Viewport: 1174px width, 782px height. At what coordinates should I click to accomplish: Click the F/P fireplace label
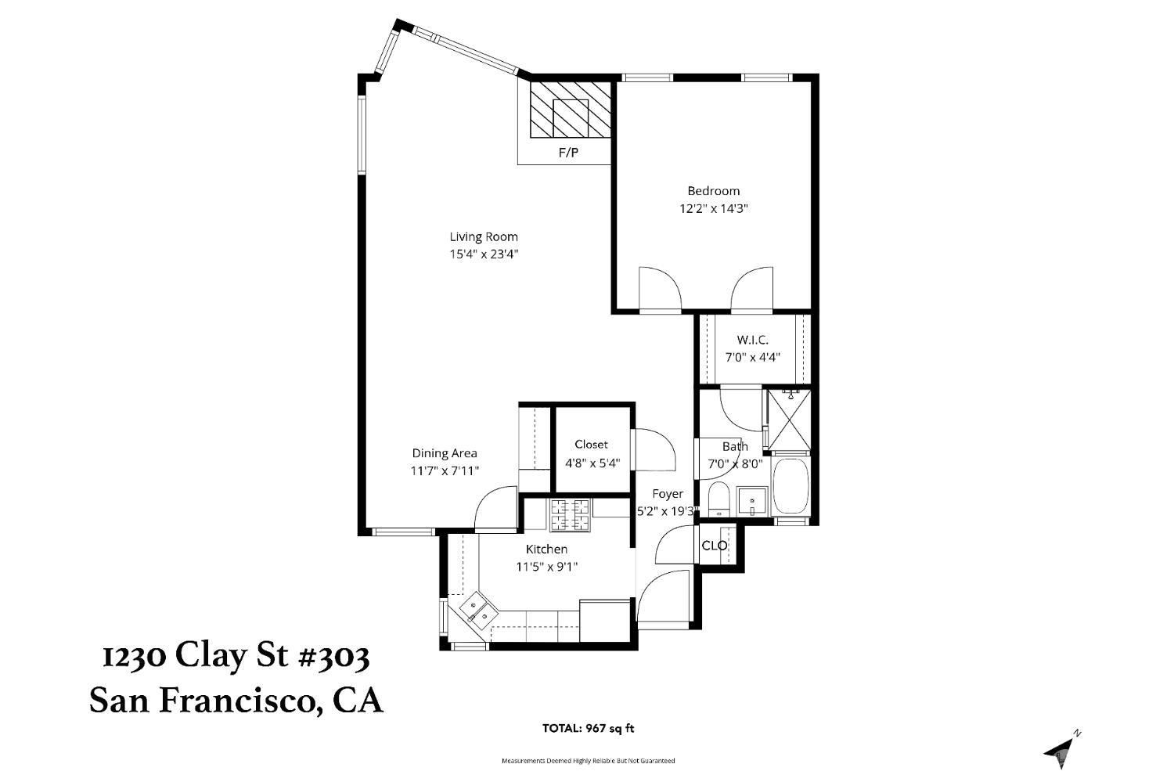pyautogui.click(x=568, y=153)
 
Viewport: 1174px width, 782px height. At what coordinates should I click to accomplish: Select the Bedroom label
pyautogui.click(x=713, y=191)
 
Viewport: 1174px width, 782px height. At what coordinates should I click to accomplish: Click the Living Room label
pyautogui.click(x=483, y=236)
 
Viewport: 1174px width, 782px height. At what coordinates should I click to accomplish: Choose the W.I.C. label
pyautogui.click(x=752, y=340)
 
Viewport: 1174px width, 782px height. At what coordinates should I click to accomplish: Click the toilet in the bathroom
pyautogui.click(x=718, y=499)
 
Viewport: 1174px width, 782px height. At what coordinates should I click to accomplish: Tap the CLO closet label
pyautogui.click(x=714, y=546)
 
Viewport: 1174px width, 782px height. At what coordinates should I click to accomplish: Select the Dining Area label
pyautogui.click(x=445, y=453)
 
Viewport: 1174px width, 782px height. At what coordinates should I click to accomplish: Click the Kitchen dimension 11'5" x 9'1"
pyautogui.click(x=546, y=567)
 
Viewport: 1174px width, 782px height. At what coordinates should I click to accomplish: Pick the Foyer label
pyautogui.click(x=668, y=494)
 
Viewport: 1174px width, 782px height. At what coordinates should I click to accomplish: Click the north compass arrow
pyautogui.click(x=1061, y=748)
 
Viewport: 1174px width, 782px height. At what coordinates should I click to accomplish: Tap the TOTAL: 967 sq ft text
pyautogui.click(x=589, y=728)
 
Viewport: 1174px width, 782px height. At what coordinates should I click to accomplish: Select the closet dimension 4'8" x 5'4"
pyautogui.click(x=592, y=463)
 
